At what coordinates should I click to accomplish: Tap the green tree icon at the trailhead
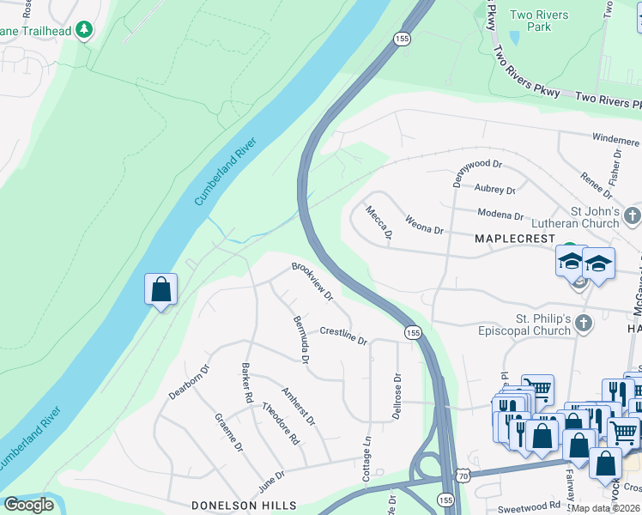click(83, 31)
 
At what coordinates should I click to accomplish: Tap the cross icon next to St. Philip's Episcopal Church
click(584, 324)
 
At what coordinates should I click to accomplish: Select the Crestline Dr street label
click(343, 336)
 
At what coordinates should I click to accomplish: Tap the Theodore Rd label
click(282, 424)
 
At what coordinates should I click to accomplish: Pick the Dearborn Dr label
click(189, 383)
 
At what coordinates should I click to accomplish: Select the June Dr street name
click(270, 477)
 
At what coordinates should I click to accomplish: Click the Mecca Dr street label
click(379, 221)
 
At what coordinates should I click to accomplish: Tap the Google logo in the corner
click(28, 505)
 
